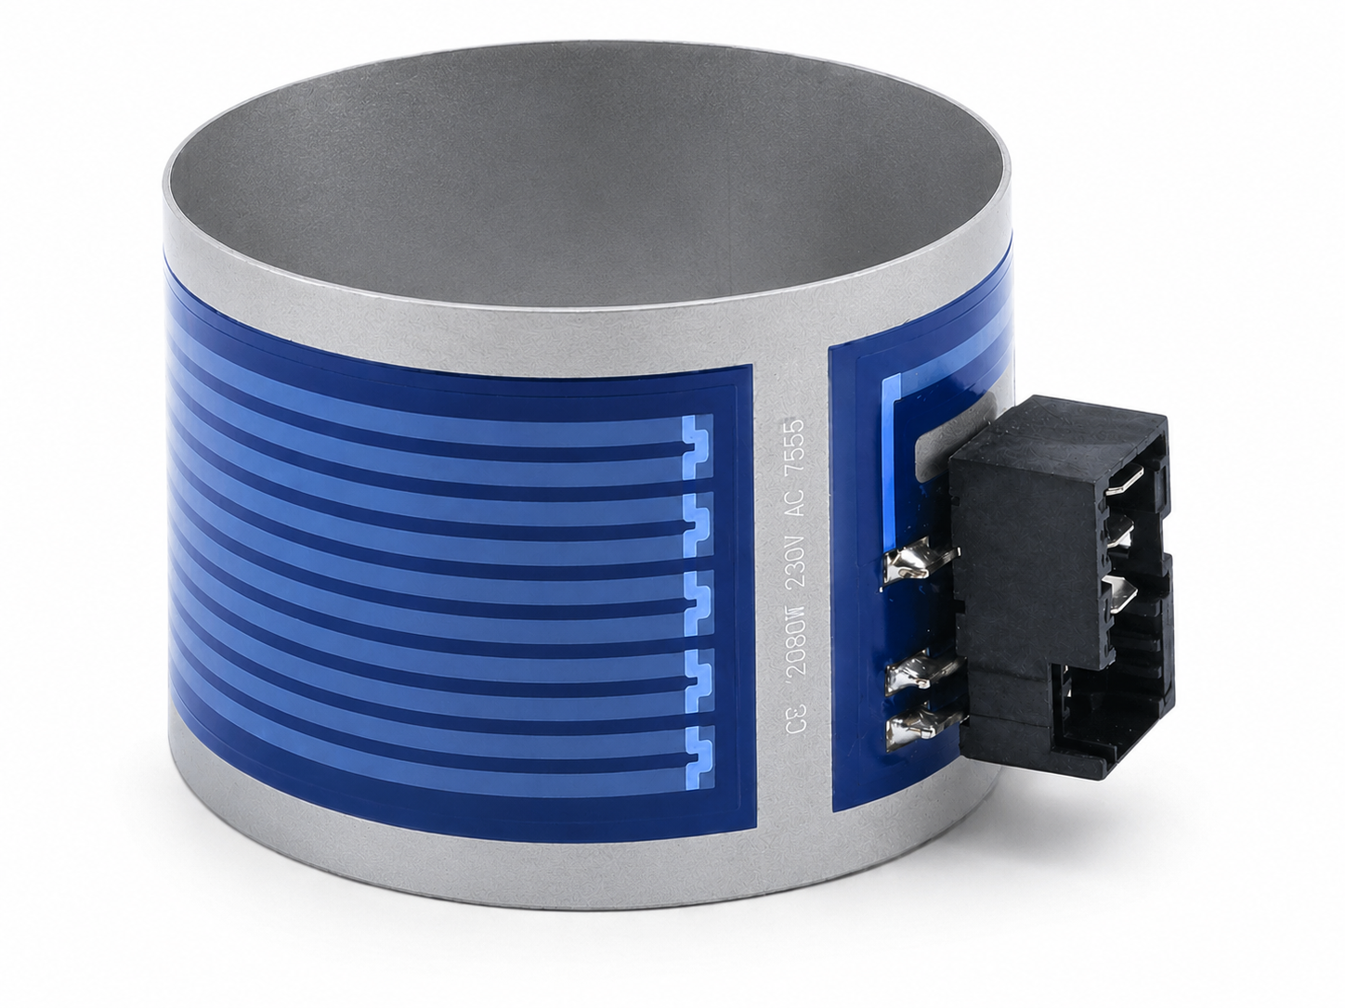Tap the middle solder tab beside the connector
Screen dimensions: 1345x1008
[920, 673]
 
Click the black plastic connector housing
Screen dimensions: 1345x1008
[1054, 588]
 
